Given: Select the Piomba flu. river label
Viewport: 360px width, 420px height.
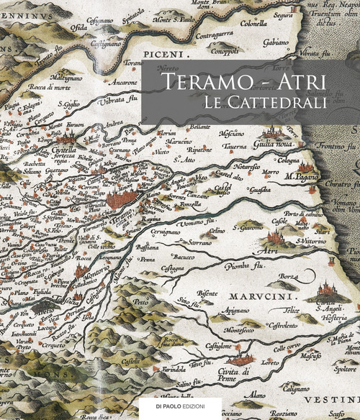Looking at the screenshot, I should (x=245, y=264).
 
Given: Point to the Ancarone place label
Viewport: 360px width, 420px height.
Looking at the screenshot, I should (x=122, y=83).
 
